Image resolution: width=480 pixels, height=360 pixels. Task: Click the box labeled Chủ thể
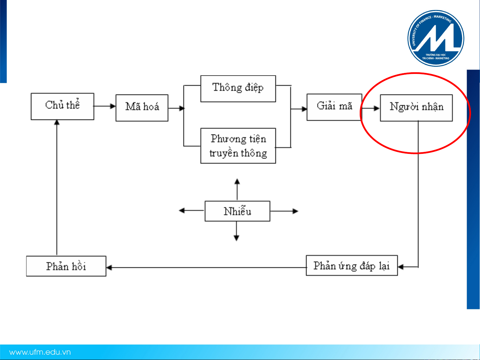click(62, 106)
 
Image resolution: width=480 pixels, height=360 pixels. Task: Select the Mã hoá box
click(142, 108)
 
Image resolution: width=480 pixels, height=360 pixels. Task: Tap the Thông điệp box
click(238, 89)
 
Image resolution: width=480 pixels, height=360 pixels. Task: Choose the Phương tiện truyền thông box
click(238, 146)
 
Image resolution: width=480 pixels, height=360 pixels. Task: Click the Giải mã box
click(334, 107)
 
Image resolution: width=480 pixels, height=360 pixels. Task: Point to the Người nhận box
click(416, 108)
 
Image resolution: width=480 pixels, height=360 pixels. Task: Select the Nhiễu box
click(237, 211)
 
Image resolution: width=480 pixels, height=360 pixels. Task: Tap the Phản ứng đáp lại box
click(351, 266)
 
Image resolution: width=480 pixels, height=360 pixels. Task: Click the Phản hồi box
click(66, 266)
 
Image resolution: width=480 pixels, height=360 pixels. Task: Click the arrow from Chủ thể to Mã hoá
click(105, 106)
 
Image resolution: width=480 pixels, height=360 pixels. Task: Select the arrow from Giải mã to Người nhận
click(371, 108)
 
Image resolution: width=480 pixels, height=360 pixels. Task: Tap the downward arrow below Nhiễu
click(237, 231)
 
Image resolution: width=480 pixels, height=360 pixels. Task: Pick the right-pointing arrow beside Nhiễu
click(284, 211)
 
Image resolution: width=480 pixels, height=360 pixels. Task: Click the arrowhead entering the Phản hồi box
click(109, 267)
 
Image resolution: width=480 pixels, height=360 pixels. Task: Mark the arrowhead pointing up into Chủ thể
click(57, 123)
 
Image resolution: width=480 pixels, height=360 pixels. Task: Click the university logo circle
click(436, 38)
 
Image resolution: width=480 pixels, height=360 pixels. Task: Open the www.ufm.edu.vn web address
click(40, 352)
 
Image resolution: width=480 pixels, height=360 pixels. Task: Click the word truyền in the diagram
click(224, 153)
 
